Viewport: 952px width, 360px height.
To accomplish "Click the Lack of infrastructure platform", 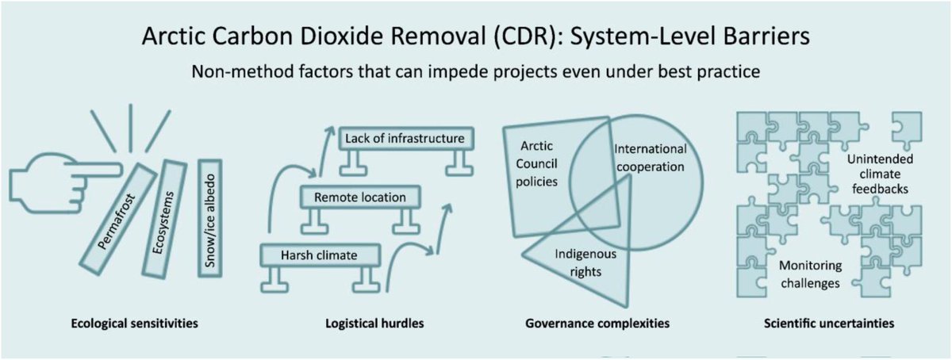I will [405, 140].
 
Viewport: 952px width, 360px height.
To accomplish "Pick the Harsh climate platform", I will [320, 255].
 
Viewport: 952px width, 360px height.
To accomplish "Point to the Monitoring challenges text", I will [809, 274].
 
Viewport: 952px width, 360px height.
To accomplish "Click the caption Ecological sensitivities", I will [133, 324].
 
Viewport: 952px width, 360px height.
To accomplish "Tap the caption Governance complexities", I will [597, 324].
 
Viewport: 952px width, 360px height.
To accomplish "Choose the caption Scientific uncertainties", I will [827, 324].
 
